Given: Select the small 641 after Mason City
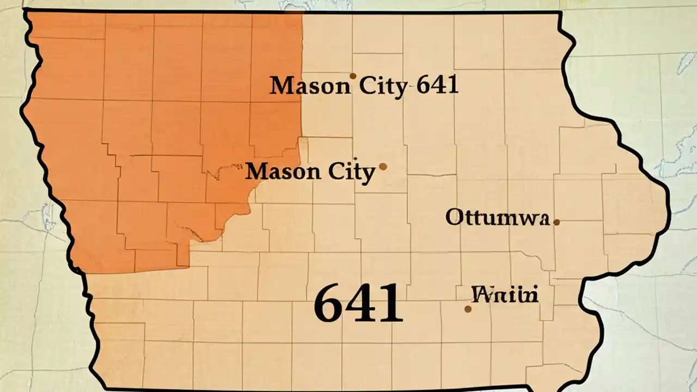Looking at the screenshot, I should click(437, 85).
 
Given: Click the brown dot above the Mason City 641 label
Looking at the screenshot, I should click(353, 76).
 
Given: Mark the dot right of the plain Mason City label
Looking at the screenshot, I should click(383, 167).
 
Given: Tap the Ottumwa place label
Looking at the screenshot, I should click(497, 218).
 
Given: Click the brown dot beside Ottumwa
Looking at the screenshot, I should click(557, 222).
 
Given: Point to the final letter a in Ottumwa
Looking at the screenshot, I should click(541, 219).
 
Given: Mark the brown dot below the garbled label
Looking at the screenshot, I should click(468, 309).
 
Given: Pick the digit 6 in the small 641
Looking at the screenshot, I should click(422, 85).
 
